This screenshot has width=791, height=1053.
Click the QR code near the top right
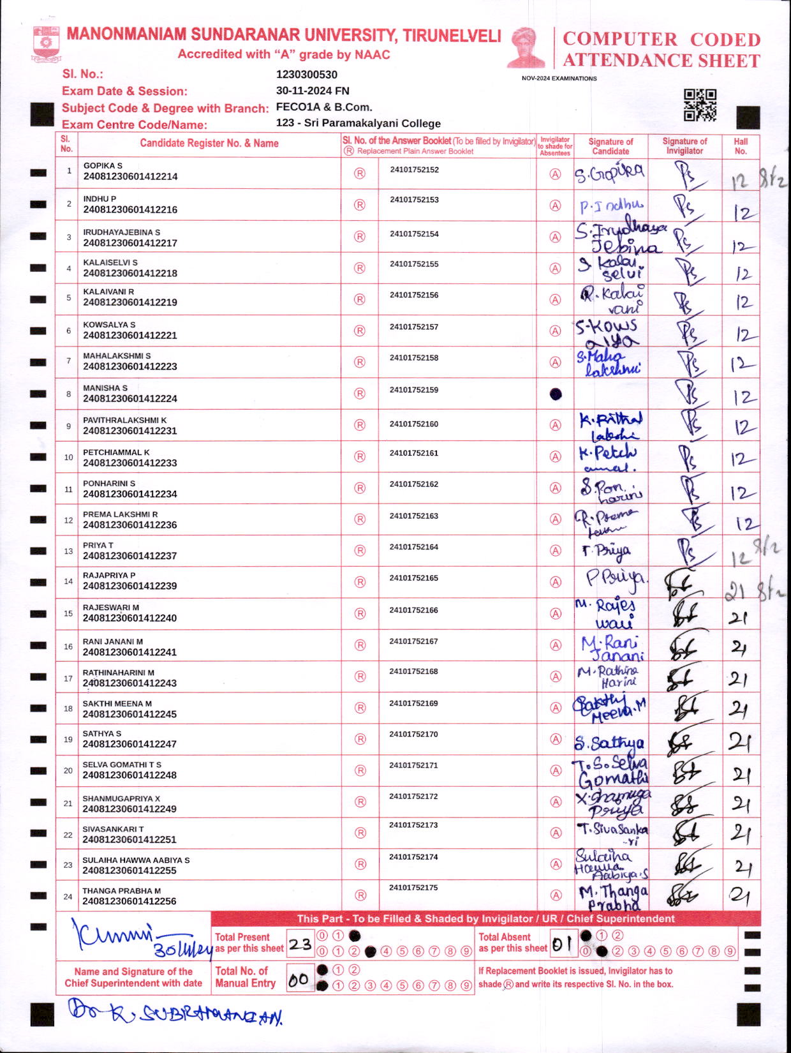pyautogui.click(x=700, y=105)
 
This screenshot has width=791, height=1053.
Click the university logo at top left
pyautogui.click(x=46, y=44)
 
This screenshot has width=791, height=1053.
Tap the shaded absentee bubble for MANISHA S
pyautogui.click(x=556, y=394)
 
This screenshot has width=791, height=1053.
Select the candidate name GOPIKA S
pyautogui.click(x=103, y=165)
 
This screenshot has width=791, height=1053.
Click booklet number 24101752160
pyautogui.click(x=414, y=424)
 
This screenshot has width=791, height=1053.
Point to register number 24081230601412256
pyautogui.click(x=129, y=901)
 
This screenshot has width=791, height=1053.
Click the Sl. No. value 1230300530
pyautogui.click(x=306, y=75)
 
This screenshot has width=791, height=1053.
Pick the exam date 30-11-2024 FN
pyautogui.click(x=313, y=91)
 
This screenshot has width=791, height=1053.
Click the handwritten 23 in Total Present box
pyautogui.click(x=300, y=944)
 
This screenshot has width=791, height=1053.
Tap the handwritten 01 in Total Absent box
pyautogui.click(x=562, y=945)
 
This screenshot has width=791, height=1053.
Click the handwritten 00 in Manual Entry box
pyautogui.click(x=299, y=980)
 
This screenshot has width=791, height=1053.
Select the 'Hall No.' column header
pyautogui.click(x=740, y=146)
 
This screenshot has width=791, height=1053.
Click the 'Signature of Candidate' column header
pyautogui.click(x=610, y=146)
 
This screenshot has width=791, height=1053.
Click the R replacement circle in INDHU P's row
pyautogui.click(x=360, y=205)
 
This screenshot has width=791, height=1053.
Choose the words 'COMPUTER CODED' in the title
pyautogui.click(x=661, y=40)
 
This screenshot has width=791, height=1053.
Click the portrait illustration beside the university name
pyautogui.click(x=527, y=47)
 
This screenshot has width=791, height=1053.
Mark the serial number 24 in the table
pyautogui.click(x=68, y=897)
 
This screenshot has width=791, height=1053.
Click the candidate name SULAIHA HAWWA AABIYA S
pyautogui.click(x=136, y=860)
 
